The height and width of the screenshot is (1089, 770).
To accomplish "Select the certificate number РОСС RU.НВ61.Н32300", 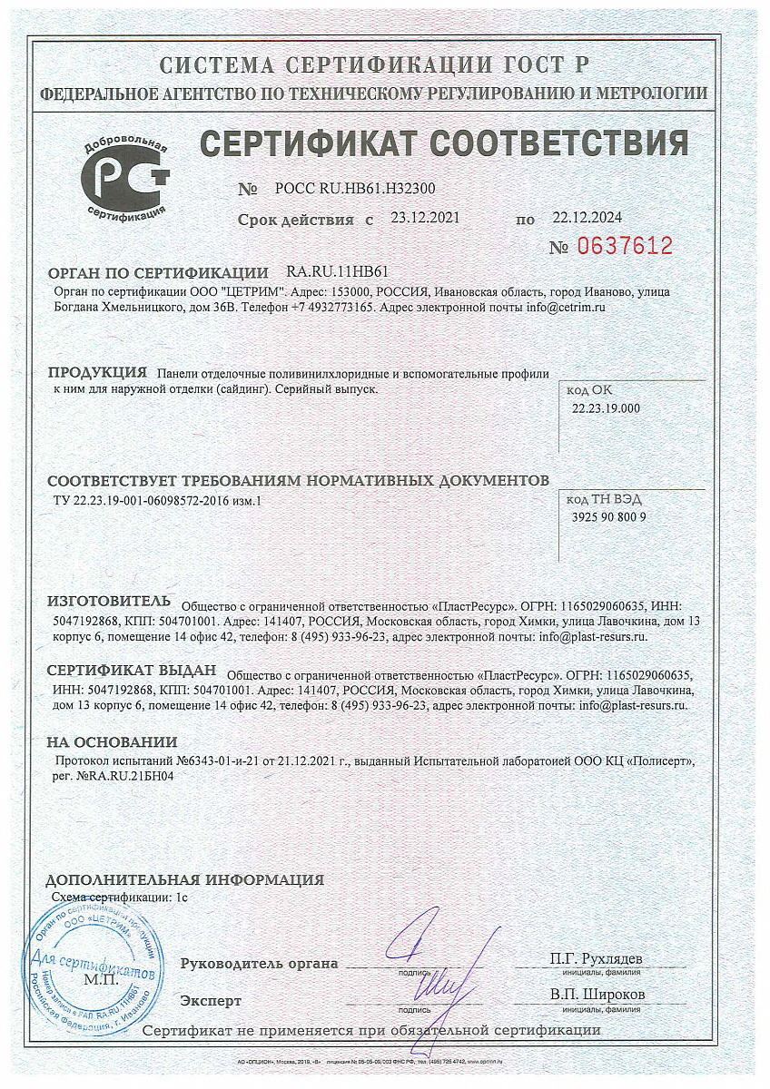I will pos(349,190).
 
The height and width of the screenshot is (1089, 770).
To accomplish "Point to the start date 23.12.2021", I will pos(425,218).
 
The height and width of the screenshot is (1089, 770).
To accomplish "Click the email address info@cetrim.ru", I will pos(565,308).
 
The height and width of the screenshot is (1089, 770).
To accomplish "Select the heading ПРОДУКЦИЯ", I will pos(97,373).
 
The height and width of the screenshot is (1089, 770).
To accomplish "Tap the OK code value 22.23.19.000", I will pos(606,408).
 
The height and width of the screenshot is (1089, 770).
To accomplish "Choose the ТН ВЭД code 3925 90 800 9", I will pos(609,517).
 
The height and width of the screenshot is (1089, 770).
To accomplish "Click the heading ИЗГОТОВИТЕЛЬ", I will pos(108,602).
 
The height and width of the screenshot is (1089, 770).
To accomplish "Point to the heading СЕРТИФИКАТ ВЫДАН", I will pos(132,671).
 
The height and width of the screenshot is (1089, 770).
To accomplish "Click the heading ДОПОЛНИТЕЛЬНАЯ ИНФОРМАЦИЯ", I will pos(184,879).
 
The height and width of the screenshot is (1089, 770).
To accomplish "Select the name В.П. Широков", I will pos(597,995).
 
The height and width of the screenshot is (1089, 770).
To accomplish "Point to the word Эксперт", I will pos(211,1000).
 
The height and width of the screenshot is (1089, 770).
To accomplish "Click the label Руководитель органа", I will pos(259,963).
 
